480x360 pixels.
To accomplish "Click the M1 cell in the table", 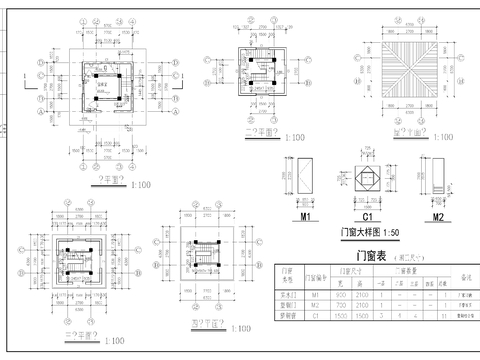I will pos(318,296).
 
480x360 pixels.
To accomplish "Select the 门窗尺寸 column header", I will pos(351,270).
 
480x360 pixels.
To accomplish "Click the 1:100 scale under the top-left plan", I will pos(135,183).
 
